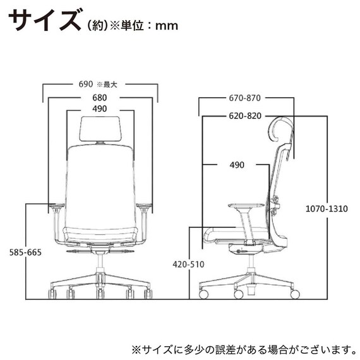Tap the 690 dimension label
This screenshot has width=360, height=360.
coord(86,83)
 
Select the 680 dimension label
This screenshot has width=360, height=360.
coord(99,98)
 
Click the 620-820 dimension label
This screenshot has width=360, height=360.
coord(246,116)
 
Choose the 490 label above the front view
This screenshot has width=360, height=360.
coord(99,109)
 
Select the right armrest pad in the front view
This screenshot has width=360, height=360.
coord(144,205)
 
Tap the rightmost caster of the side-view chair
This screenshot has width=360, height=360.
coord(294,294)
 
